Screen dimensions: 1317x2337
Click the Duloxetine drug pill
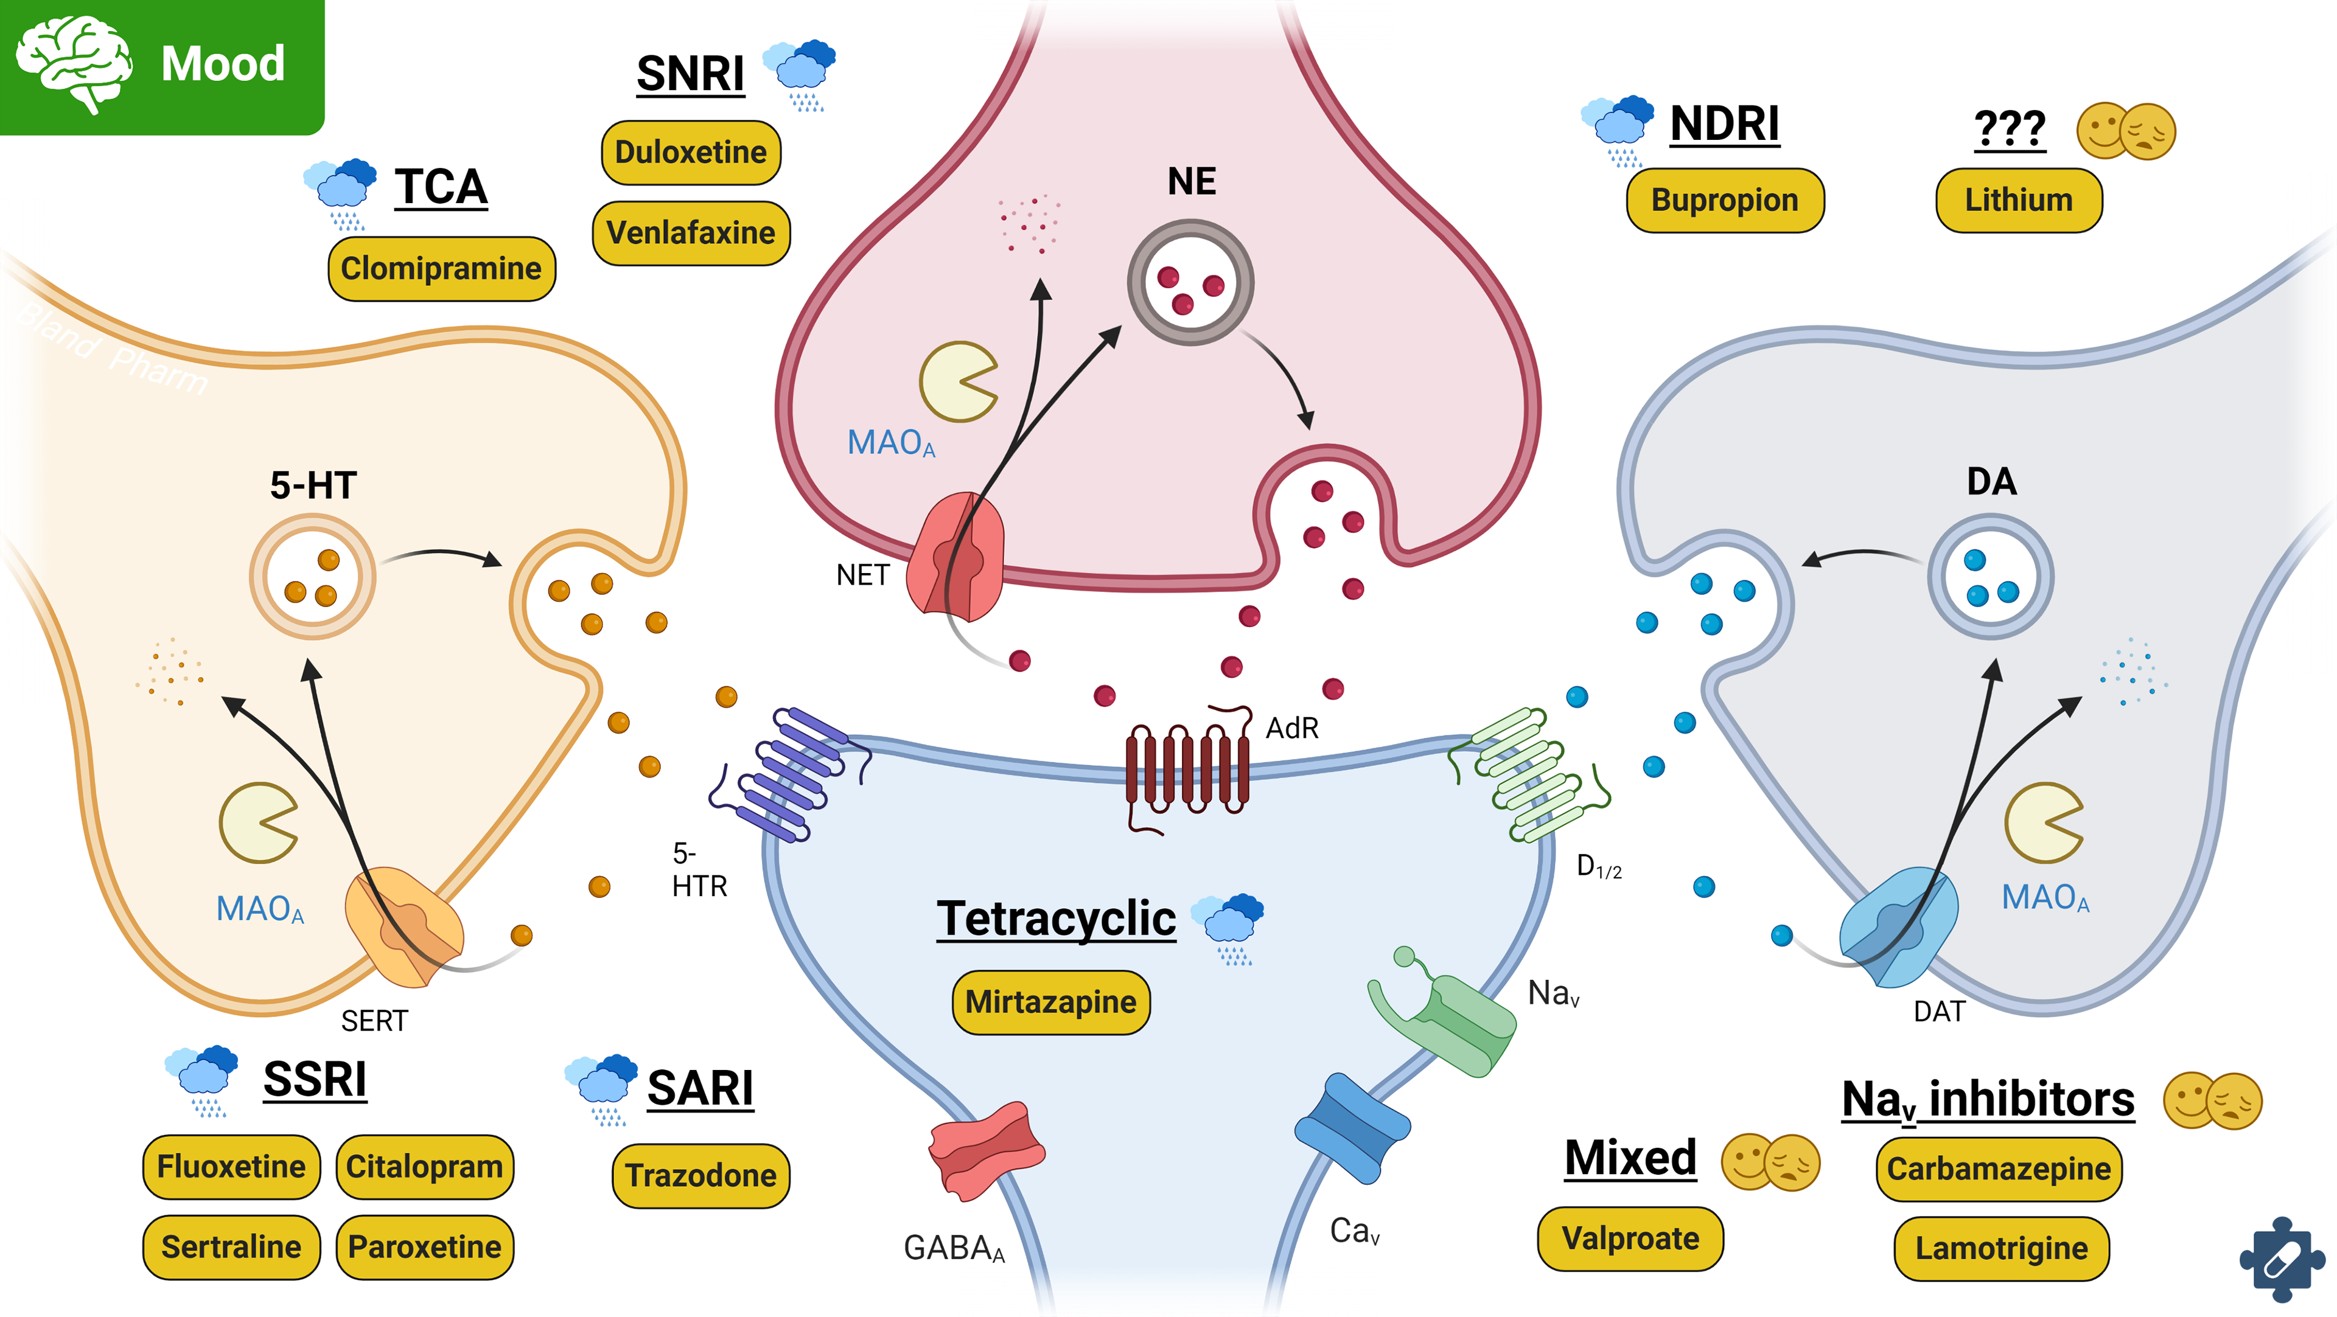click(690, 152)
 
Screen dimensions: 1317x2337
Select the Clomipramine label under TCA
click(441, 268)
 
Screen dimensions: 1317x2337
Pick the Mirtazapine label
click(1050, 1003)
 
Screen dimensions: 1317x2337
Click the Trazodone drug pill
click(700, 1175)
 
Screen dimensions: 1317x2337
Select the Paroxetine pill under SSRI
click(425, 1247)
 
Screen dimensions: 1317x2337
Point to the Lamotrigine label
click(2000, 1249)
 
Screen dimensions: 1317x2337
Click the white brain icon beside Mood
click(74, 63)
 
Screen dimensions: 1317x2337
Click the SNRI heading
click(690, 74)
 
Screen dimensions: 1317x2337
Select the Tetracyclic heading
click(1056, 919)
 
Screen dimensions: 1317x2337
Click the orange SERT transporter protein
click(405, 925)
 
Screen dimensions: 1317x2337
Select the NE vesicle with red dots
click(1190, 283)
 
